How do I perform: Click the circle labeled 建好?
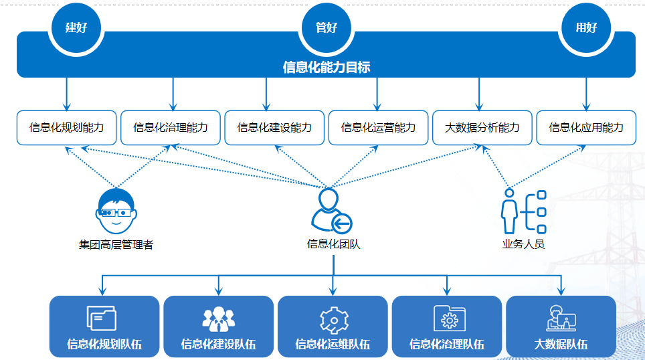[x=76, y=28]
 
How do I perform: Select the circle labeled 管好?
[x=327, y=28]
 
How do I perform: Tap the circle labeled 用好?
[x=586, y=28]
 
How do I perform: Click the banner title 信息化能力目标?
[x=327, y=67]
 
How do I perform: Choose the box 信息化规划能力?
[x=67, y=127]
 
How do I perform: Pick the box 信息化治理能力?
[x=171, y=127]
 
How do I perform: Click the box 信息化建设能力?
[x=274, y=127]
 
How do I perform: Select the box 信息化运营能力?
[x=378, y=127]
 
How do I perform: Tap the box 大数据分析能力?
[x=482, y=127]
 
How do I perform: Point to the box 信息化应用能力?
[x=586, y=127]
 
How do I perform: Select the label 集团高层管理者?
[x=116, y=245]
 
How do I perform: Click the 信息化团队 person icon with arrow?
[x=332, y=211]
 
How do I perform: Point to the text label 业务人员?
[x=523, y=244]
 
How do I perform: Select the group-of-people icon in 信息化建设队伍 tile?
[x=218, y=319]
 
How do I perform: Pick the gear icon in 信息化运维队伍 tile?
[x=333, y=319]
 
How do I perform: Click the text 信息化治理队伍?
[x=446, y=345]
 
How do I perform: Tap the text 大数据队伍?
[x=561, y=345]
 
